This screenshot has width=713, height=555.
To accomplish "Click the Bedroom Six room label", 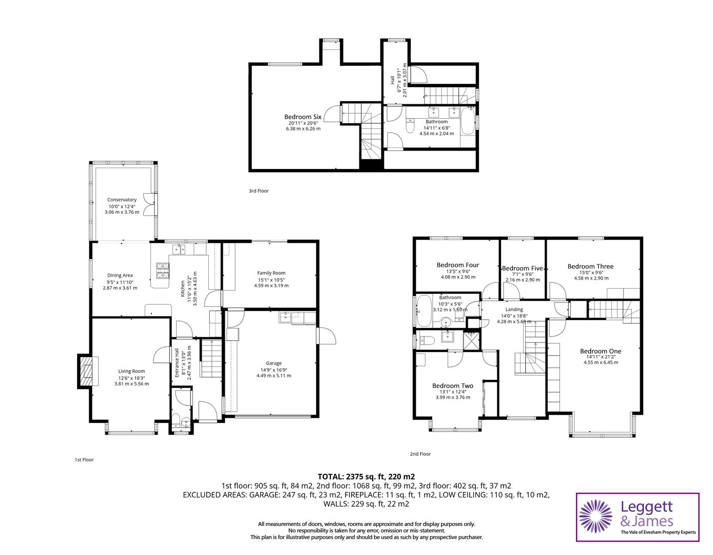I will pos(302,117).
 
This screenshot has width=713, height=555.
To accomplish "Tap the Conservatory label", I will pos(122,200).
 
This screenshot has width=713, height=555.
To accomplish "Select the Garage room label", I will pos(274,363).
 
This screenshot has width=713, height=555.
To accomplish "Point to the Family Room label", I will pos(271,273).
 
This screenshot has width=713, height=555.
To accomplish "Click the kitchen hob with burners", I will pos(163,270).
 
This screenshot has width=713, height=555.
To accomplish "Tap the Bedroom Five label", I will pos(522,268).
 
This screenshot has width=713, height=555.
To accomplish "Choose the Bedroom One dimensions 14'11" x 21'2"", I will pos(601,357).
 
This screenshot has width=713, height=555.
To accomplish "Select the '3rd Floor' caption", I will pos(259,191).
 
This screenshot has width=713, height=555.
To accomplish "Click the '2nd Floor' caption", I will pos(420,454).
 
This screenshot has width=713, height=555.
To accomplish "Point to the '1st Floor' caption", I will pos(84,460).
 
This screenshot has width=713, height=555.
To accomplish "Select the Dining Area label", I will pos(120,275).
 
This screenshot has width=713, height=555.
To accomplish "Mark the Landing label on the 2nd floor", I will pos(514,309).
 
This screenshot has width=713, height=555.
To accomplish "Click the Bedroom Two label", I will pos(452,386).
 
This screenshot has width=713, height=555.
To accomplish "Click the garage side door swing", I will pos(326,337).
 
